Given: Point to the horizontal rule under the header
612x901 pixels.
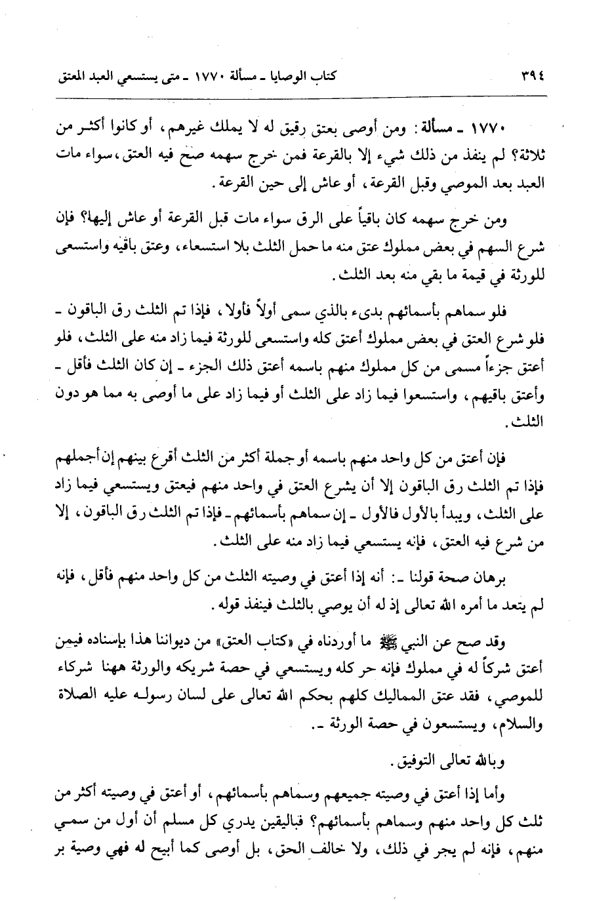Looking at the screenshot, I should click(306, 97).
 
